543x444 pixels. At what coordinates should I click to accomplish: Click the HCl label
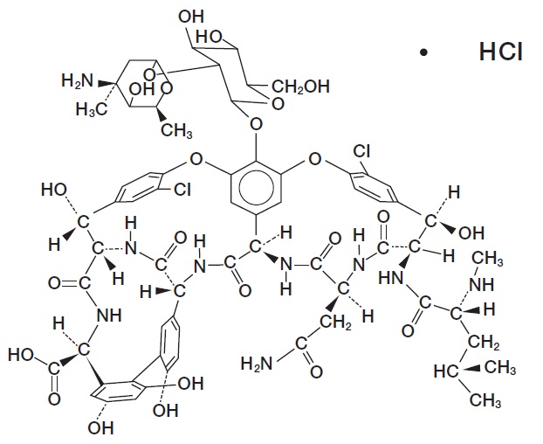tap(500, 52)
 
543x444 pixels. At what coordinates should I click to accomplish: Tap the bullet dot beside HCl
tap(424, 54)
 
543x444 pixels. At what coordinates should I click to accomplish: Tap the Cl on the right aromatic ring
tap(361, 150)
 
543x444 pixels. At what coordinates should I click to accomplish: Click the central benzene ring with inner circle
tap(256, 180)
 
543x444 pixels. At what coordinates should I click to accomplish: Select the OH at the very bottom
tap(102, 428)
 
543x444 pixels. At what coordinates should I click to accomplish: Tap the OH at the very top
tap(189, 15)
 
